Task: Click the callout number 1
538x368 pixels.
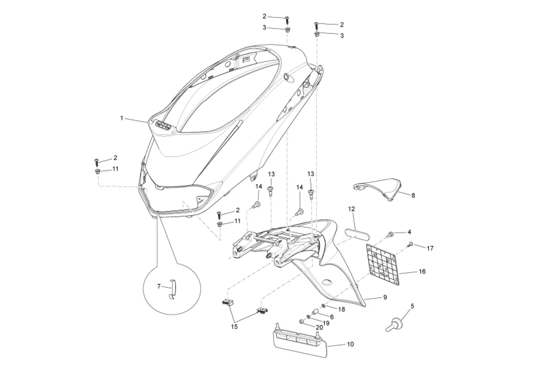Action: pos(122,118)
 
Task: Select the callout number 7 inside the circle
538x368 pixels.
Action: pos(159,286)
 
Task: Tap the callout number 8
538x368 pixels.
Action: pos(413,195)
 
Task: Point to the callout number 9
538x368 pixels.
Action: pos(385,297)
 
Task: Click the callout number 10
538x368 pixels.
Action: pos(350,344)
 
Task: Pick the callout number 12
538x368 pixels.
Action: pos(351,209)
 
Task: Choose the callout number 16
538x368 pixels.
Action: pos(422,271)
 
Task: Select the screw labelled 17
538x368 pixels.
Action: pos(410,244)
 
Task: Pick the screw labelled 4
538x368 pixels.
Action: pos(391,235)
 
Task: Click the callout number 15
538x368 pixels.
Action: pos(235,326)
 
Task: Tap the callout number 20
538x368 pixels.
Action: pos(319,327)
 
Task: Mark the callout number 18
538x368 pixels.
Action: pos(342,309)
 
